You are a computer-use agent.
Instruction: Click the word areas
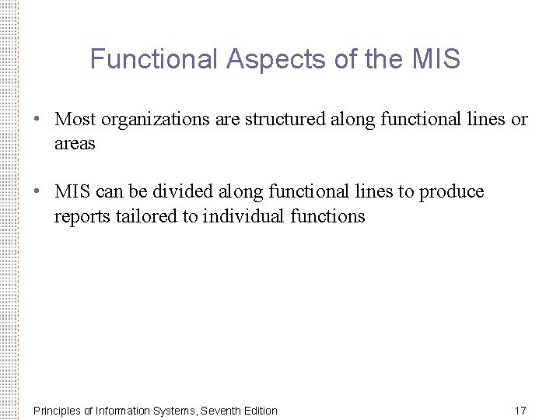75,144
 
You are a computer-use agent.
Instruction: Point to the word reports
80,215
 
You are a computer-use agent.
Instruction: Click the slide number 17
520,410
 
